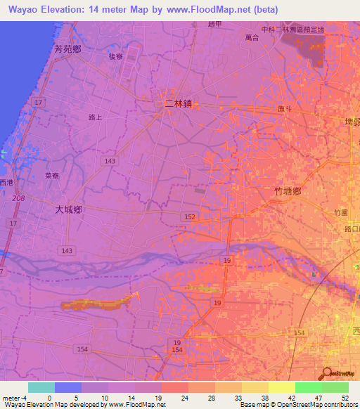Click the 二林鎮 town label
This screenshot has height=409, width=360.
178,103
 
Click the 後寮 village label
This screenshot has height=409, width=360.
116,58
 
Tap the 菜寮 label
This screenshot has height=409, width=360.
51,176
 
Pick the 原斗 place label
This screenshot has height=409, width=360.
285,109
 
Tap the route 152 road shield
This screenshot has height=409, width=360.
190,216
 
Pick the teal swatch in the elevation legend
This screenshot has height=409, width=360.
41,387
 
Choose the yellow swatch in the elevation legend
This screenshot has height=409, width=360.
281,387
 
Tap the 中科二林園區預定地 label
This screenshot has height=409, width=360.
292,30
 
